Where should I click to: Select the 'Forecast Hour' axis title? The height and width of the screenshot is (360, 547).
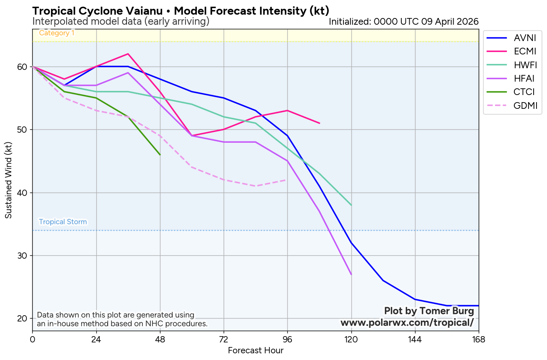pyautogui.click(x=255, y=350)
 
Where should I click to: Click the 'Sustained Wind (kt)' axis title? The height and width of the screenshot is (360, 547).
pyautogui.click(x=8, y=180)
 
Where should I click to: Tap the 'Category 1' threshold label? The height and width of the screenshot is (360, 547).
pyautogui.click(x=57, y=33)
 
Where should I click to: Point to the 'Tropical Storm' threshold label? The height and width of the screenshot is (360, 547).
pyautogui.click(x=63, y=222)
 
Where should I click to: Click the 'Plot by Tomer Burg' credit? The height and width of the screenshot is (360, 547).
pyautogui.click(x=429, y=311)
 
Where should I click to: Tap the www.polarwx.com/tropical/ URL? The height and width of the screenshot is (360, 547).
pyautogui.click(x=407, y=323)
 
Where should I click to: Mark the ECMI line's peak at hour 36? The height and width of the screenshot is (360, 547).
pyautogui.click(x=128, y=54)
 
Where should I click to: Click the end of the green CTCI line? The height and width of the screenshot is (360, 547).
pyautogui.click(x=160, y=154)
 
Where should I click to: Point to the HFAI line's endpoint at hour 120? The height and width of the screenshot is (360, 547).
pyautogui.click(x=351, y=274)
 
